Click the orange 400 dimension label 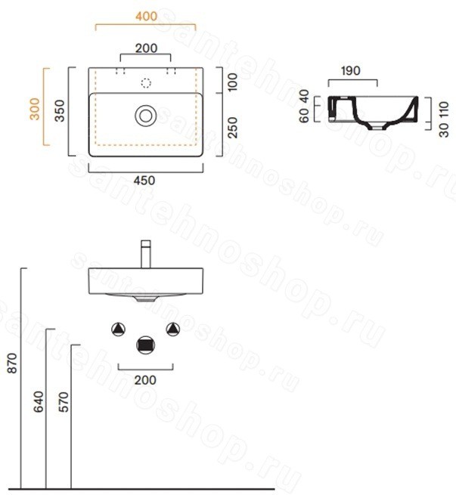146,17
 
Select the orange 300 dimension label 35,109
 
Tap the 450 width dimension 144,181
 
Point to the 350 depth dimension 60,110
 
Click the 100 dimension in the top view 232,82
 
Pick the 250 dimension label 232,128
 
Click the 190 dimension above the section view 351,71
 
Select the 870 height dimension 12,364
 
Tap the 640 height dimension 39,401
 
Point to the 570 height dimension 64,401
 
